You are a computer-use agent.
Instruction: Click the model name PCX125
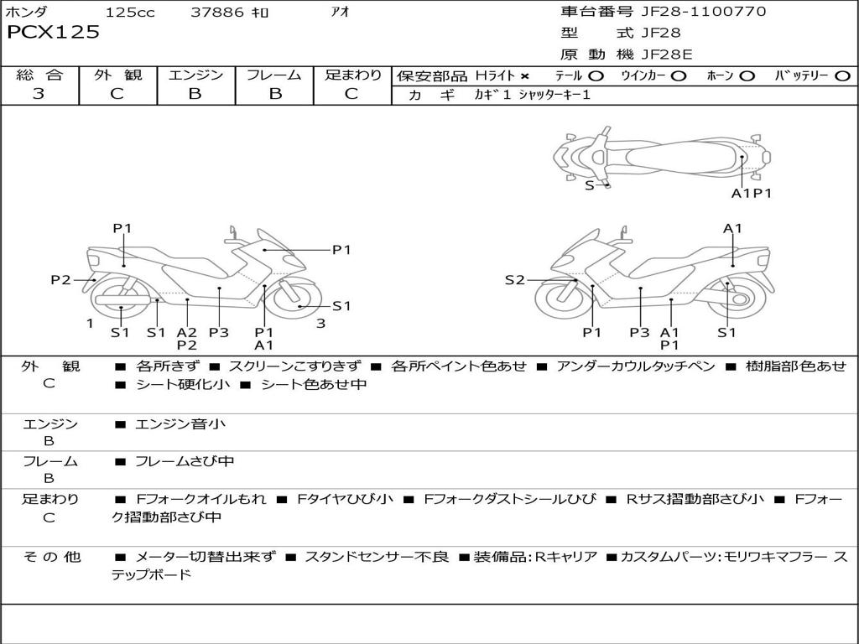[54, 33]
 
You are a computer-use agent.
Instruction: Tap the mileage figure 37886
[217, 13]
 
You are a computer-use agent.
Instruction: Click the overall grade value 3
[39, 94]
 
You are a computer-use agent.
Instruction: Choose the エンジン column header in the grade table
[195, 75]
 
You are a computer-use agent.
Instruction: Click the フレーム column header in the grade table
[274, 75]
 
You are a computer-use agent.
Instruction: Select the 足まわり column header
[353, 75]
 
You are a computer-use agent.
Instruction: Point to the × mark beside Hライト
[525, 76]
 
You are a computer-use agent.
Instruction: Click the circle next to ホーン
[747, 76]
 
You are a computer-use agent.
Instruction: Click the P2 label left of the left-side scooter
[60, 280]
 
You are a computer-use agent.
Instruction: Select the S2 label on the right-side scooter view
[514, 280]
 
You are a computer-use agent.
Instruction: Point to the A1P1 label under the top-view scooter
[751, 193]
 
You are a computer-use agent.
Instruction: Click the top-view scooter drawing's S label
[589, 185]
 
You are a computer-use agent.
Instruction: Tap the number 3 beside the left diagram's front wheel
[320, 324]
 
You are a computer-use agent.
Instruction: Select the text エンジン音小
[180, 424]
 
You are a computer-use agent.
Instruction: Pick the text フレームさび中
[185, 461]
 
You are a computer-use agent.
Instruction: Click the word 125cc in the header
[130, 13]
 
